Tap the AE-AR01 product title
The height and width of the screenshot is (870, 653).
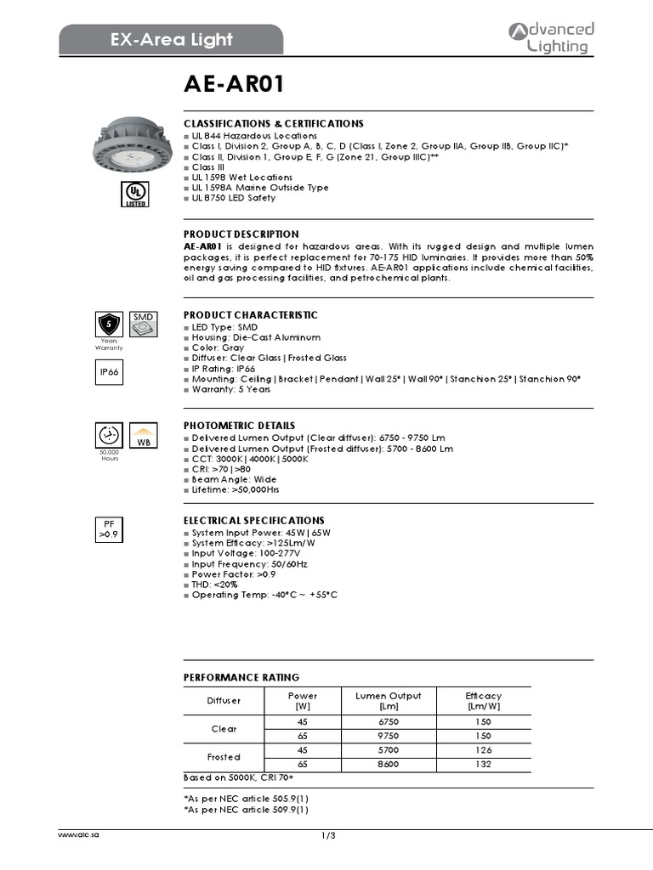[234, 85]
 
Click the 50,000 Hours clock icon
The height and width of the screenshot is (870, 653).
[109, 435]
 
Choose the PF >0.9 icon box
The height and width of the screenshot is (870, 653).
[108, 529]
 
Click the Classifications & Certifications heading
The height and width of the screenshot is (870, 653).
[273, 123]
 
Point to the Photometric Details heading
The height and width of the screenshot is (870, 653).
[239, 425]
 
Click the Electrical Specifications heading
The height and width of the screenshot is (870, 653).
[253, 520]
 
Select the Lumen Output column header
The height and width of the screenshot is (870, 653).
[388, 701]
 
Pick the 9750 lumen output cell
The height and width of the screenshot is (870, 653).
[388, 736]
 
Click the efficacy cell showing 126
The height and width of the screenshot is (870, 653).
[484, 749]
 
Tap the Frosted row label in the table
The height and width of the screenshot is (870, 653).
[224, 756]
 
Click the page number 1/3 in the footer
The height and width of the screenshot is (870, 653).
[328, 836]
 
